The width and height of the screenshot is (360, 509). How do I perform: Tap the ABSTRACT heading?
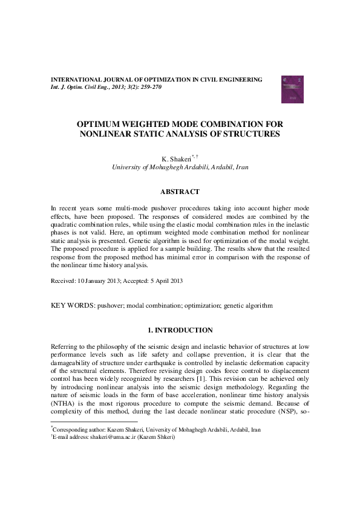(x=180, y=192)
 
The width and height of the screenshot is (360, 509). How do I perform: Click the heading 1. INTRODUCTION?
(x=180, y=330)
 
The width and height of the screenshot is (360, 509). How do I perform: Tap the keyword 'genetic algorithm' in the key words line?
(x=248, y=306)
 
